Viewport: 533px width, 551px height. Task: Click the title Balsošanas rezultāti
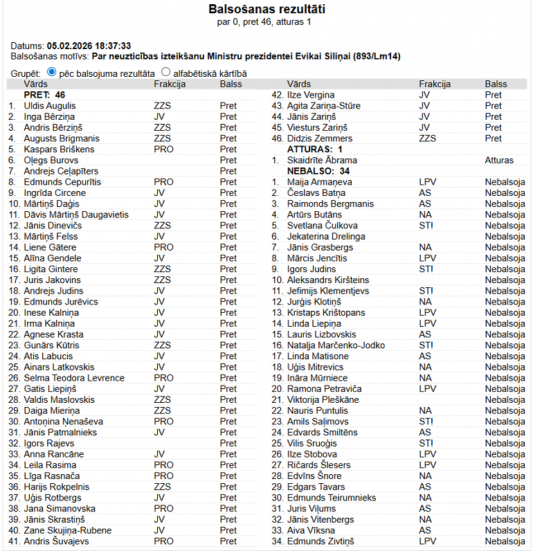[266, 10]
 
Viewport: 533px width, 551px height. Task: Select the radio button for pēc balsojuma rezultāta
[52, 72]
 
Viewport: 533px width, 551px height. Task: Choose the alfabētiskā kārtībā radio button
[165, 72]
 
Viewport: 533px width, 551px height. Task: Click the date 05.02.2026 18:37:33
[89, 46]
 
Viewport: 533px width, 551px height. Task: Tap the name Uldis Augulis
[50, 106]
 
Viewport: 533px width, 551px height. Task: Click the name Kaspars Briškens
[59, 150]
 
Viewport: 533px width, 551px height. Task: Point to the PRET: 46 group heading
[44, 95]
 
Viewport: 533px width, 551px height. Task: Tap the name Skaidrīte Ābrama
[323, 161]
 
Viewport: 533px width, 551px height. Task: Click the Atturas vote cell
[499, 161]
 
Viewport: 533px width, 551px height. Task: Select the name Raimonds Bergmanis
[330, 204]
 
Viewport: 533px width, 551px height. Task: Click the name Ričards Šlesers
[319, 465]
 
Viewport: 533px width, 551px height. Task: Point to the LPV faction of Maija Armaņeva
[427, 182]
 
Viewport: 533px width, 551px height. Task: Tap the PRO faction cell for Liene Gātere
[163, 247]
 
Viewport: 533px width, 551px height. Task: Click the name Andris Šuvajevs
[55, 541]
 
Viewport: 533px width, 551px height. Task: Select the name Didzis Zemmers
[320, 138]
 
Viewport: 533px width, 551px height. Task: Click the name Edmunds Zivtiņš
[320, 541]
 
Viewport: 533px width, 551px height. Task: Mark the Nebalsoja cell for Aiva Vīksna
[505, 530]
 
